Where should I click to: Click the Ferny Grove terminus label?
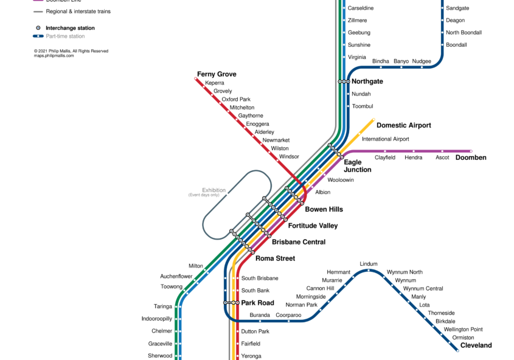pyautogui.click(x=217, y=74)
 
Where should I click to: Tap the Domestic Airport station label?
pyautogui.click(x=403, y=125)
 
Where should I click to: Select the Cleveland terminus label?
pyautogui.click(x=476, y=345)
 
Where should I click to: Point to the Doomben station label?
pyautogui.click(x=471, y=157)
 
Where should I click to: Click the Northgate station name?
pyautogui.click(x=367, y=81)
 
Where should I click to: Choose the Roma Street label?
pyautogui.click(x=275, y=258)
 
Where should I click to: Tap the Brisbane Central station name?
pyautogui.click(x=299, y=242)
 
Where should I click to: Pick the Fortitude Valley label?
pyautogui.click(x=313, y=226)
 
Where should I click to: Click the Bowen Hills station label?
pyautogui.click(x=324, y=209)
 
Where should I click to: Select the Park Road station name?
pyautogui.click(x=257, y=303)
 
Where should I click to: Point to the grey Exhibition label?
pyautogui.click(x=214, y=190)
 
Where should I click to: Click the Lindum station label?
pyautogui.click(x=369, y=264)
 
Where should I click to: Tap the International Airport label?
pyautogui.click(x=385, y=139)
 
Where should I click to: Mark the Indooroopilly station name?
pyautogui.click(x=157, y=319)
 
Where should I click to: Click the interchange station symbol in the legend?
pyautogui.click(x=38, y=28)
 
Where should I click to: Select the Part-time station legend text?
pyautogui.click(x=65, y=36)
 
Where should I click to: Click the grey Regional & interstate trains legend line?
pyautogui.click(x=38, y=12)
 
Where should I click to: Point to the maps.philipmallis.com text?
pyautogui.click(x=54, y=56)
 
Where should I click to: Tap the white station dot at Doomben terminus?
pyautogui.click(x=471, y=151)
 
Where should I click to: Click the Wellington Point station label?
pyautogui.click(x=463, y=329)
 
